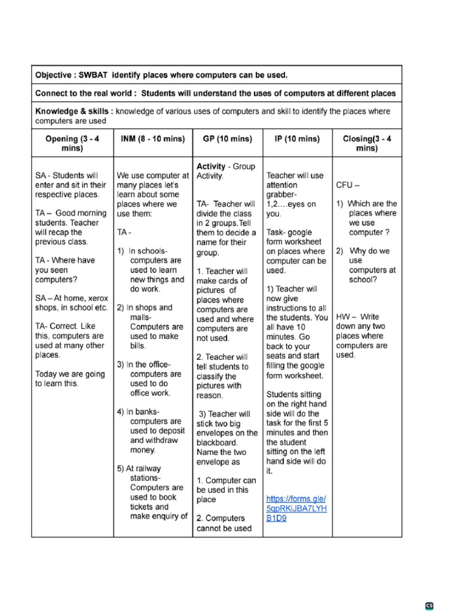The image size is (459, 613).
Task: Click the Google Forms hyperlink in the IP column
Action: click(296, 508)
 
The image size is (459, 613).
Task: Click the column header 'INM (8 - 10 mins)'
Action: click(153, 139)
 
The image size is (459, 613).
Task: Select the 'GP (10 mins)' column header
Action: click(228, 139)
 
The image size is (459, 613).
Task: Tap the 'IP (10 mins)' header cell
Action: click(297, 139)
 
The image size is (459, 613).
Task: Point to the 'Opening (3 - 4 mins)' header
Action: click(72, 144)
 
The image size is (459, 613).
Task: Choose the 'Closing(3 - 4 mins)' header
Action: click(366, 144)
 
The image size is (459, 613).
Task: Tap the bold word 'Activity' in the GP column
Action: click(211, 166)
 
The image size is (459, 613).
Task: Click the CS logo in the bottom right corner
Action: click(429, 606)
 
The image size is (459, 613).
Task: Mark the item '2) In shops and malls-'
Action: click(145, 312)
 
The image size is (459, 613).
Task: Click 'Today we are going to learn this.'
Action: click(70, 378)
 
